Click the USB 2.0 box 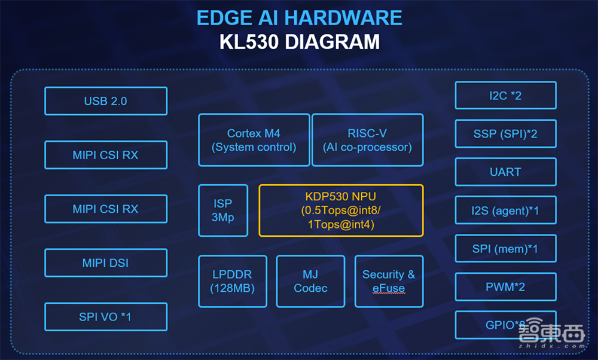tap(106, 101)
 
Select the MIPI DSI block tap(106, 263)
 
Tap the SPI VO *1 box tap(106, 317)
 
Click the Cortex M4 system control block tap(254, 140)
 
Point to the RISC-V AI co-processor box tap(367, 140)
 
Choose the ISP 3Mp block tap(222, 210)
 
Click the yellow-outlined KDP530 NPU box tap(341, 210)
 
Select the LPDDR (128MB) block tap(232, 281)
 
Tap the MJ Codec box tap(310, 281)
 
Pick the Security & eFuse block tap(389, 281)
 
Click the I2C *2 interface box tap(505, 96)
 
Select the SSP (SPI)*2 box tap(505, 134)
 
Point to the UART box tap(505, 172)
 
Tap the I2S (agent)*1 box tap(505, 210)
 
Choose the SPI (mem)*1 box tap(505, 249)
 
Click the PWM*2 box tap(505, 287)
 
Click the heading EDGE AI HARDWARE tap(299, 18)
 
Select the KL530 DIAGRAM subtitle tap(299, 42)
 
